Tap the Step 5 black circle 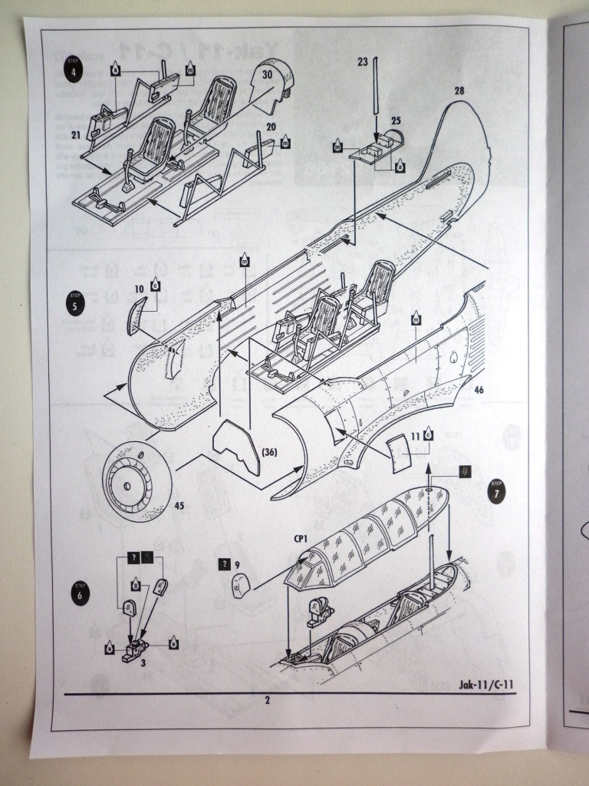[75, 302]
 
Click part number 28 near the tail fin [459, 91]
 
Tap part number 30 [267, 75]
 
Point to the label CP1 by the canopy [298, 539]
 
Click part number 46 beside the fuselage [479, 389]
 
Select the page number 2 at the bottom [267, 699]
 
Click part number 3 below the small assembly [143, 660]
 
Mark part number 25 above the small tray [396, 121]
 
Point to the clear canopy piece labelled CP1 [368, 537]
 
